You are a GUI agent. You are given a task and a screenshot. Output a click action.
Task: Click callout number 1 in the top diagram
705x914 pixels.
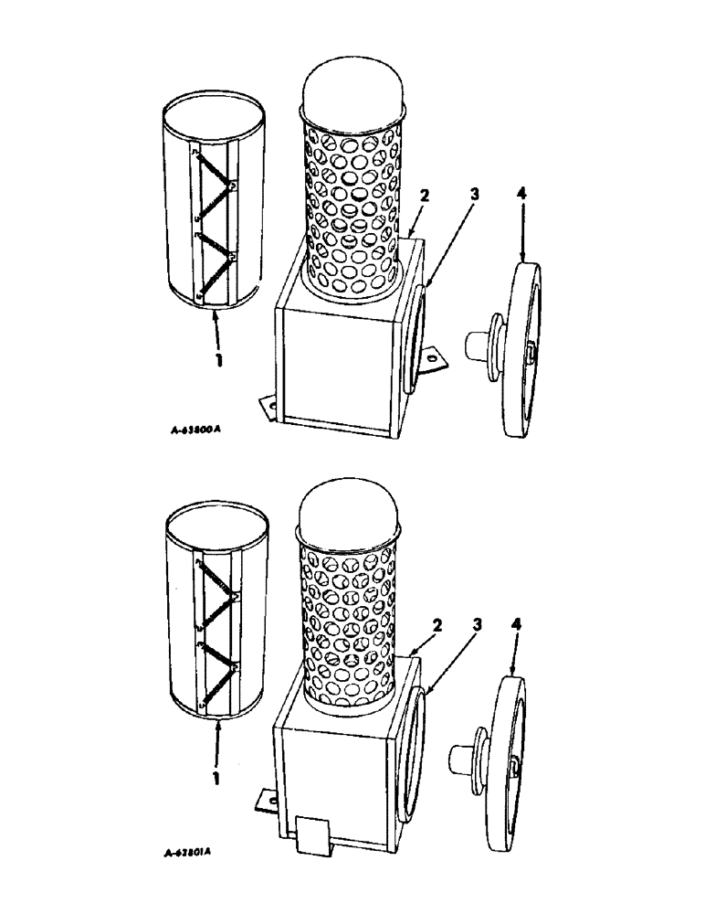(218, 360)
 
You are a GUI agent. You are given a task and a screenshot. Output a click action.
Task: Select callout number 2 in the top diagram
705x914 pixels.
(422, 196)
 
